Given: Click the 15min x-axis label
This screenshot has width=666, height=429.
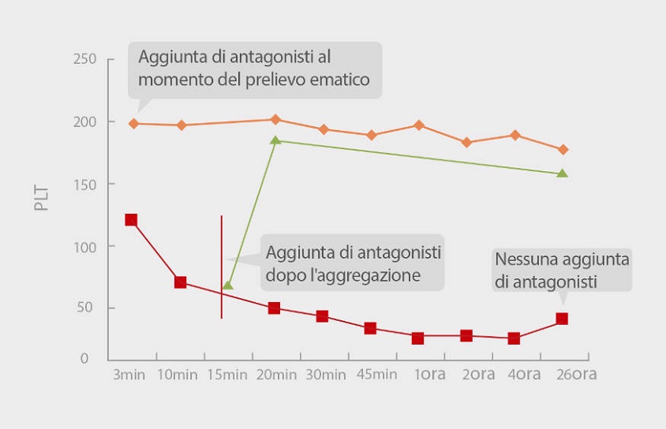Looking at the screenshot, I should point(226,374).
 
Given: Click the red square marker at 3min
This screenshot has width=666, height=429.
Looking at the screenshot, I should point(131,220).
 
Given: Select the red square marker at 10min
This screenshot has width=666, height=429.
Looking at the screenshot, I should point(180,282).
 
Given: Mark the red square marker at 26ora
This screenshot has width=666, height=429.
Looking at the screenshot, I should point(562,319).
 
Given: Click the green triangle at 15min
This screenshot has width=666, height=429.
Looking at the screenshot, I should point(227,285).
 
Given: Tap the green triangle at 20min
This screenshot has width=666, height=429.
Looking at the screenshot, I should point(275,140).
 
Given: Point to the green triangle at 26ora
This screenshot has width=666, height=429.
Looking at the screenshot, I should point(563,173).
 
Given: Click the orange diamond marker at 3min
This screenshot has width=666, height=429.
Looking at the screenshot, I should point(133,124).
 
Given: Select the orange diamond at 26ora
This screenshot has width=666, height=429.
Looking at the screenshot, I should point(563,150).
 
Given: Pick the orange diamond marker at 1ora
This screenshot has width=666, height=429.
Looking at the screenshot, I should point(419,125).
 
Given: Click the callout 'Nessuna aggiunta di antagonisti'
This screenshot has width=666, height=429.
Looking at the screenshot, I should point(561,270).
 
